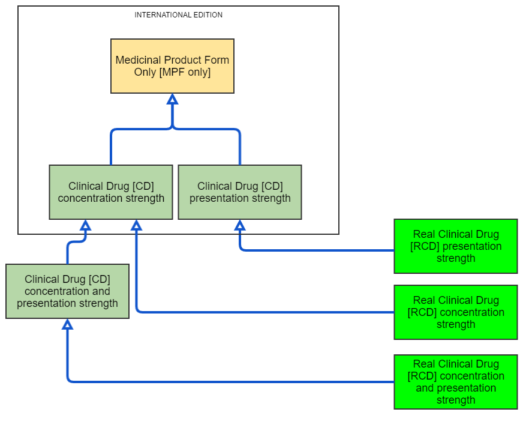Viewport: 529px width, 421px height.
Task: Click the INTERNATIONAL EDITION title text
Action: click(179, 15)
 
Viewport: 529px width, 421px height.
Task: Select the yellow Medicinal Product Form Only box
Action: click(172, 66)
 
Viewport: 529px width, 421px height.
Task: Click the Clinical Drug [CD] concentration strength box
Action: click(111, 192)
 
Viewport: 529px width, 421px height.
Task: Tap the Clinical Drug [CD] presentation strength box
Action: click(240, 192)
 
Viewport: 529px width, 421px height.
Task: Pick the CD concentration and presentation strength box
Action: click(67, 291)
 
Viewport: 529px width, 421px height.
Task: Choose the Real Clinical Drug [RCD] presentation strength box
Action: click(456, 246)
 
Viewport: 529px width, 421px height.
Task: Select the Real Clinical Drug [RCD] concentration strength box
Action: click(456, 312)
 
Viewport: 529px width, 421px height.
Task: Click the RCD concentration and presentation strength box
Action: click(456, 382)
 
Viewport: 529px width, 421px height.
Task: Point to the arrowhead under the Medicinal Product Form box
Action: click(172, 99)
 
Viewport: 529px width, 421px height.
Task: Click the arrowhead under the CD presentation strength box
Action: click(240, 225)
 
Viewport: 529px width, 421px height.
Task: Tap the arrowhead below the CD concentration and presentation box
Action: click(67, 324)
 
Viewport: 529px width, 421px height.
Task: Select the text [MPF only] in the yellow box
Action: click(185, 72)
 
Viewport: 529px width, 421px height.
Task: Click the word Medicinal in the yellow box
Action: click(139, 60)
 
